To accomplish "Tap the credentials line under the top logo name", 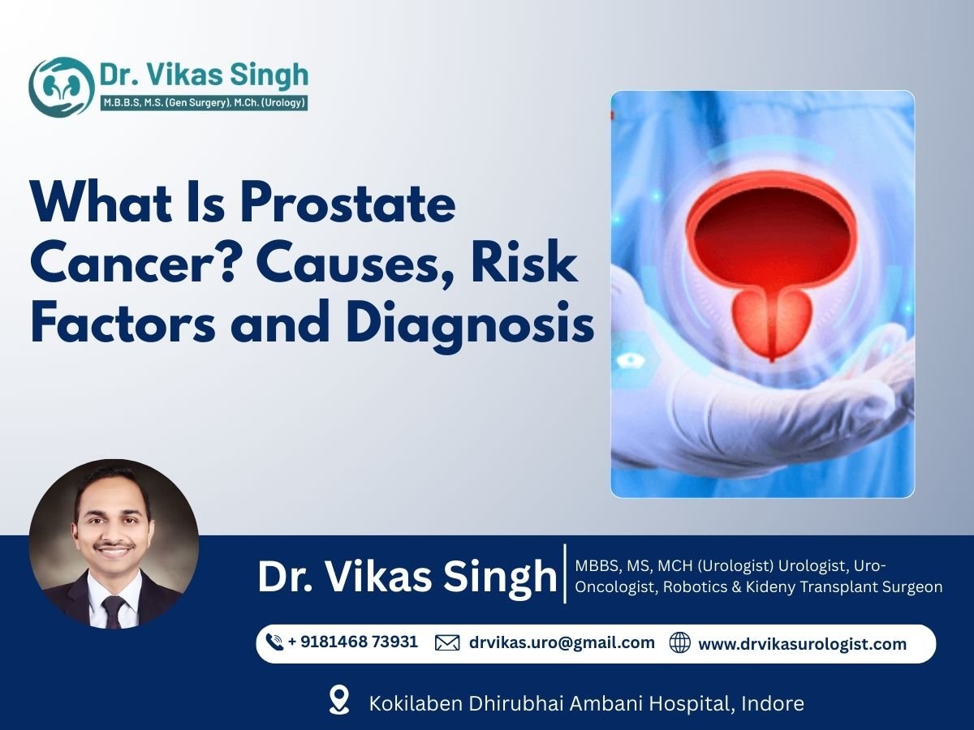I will tap(202, 103).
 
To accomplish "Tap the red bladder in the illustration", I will tap(770, 230).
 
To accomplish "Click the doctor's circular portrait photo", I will tap(114, 544).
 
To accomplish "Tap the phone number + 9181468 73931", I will tap(352, 642).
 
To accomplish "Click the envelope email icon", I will tap(447, 643).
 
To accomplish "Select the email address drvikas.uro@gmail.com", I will tap(562, 642).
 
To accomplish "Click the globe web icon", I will tap(679, 643).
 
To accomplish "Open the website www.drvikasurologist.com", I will tap(802, 644).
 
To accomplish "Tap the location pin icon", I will tap(339, 700).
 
